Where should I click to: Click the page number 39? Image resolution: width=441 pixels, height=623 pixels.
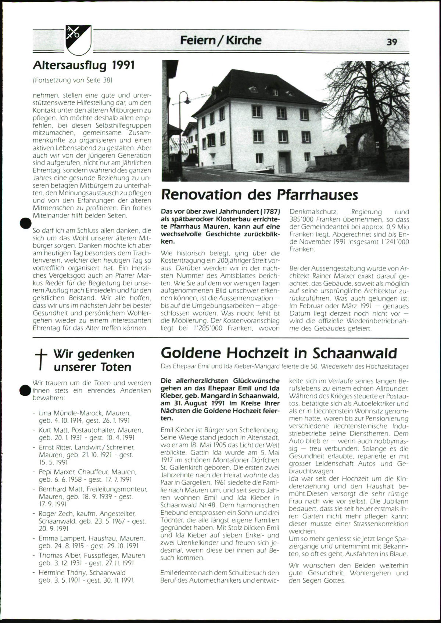point(392,42)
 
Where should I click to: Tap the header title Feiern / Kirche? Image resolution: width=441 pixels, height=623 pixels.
point(220,40)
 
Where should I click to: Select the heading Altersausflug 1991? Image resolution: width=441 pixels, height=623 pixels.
point(84,65)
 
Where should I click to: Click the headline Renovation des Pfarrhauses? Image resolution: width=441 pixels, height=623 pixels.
point(259,194)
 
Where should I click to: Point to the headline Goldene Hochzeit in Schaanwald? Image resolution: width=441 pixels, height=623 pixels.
point(279,353)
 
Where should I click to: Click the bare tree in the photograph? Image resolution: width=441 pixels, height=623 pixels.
point(371,92)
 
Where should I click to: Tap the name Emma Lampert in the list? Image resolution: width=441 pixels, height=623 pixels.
point(60,538)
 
